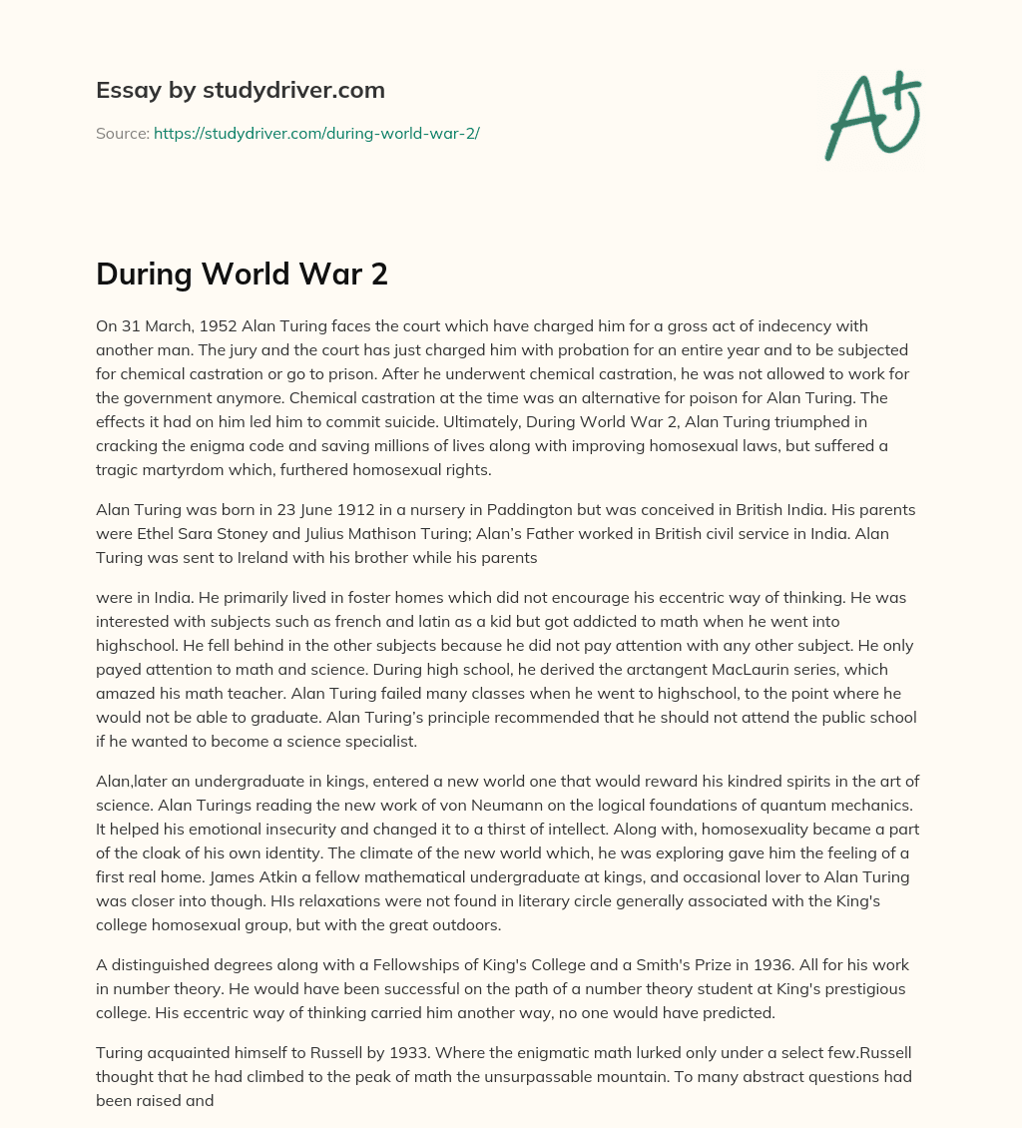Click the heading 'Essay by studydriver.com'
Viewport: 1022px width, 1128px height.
click(x=241, y=90)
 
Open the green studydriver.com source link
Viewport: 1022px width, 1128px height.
click(x=316, y=133)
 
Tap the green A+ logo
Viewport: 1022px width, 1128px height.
click(x=872, y=116)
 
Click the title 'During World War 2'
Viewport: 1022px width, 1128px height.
click(x=242, y=275)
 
